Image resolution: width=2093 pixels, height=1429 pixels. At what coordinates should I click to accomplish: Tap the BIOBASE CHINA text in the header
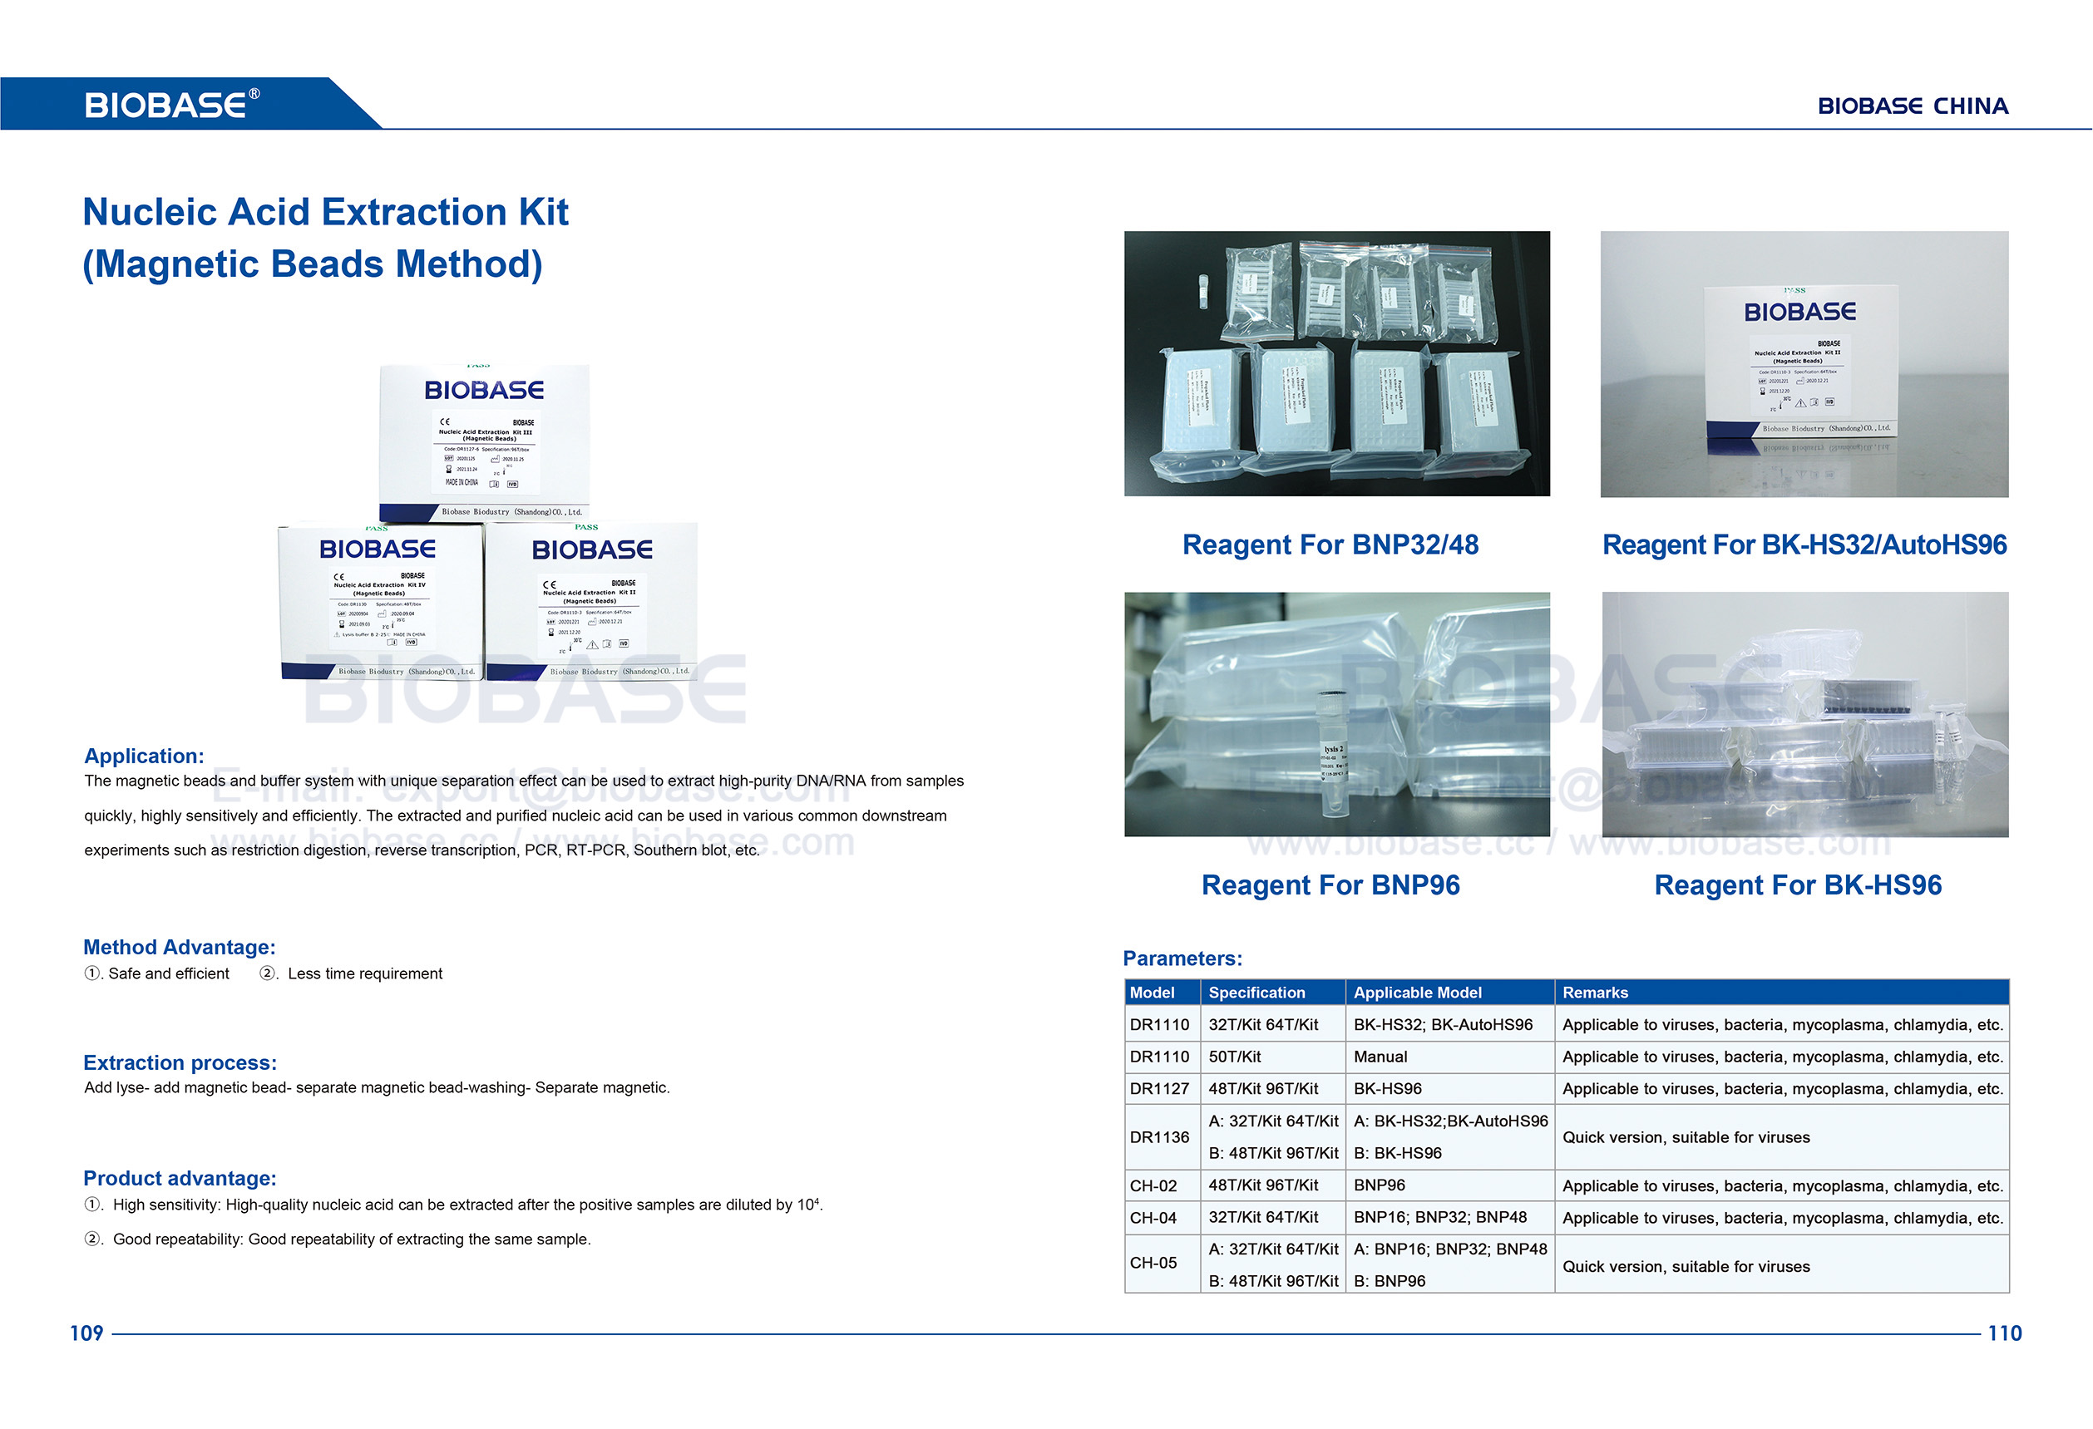click(1912, 106)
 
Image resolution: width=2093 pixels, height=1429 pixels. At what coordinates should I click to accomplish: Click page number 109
click(86, 1333)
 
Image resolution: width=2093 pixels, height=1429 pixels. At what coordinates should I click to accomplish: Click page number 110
click(2004, 1333)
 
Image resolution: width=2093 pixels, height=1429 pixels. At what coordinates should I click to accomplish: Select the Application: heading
click(144, 756)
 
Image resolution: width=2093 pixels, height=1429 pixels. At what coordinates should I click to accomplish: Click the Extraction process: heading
click(180, 1062)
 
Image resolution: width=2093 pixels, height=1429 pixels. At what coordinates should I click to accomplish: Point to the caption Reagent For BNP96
click(1330, 885)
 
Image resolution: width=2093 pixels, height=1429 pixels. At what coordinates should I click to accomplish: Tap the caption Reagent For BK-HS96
click(1798, 885)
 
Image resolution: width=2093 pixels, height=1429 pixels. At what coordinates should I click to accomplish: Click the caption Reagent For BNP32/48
click(1330, 544)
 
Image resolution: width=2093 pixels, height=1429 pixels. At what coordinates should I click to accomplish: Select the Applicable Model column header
click(1417, 993)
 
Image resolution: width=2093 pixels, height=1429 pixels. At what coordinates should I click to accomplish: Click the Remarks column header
click(1594, 993)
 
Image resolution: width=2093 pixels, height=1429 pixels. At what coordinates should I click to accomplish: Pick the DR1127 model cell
click(1159, 1089)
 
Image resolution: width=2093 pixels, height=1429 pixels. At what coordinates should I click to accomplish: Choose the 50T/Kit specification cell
click(1234, 1057)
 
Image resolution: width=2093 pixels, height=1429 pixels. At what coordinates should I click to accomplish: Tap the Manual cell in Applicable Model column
click(1380, 1057)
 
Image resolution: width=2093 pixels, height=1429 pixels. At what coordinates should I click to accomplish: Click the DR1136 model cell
click(1159, 1137)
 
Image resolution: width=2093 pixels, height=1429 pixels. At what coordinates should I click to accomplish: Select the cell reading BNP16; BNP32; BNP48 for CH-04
click(1439, 1217)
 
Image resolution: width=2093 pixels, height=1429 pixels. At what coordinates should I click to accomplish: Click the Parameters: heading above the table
click(1182, 958)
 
